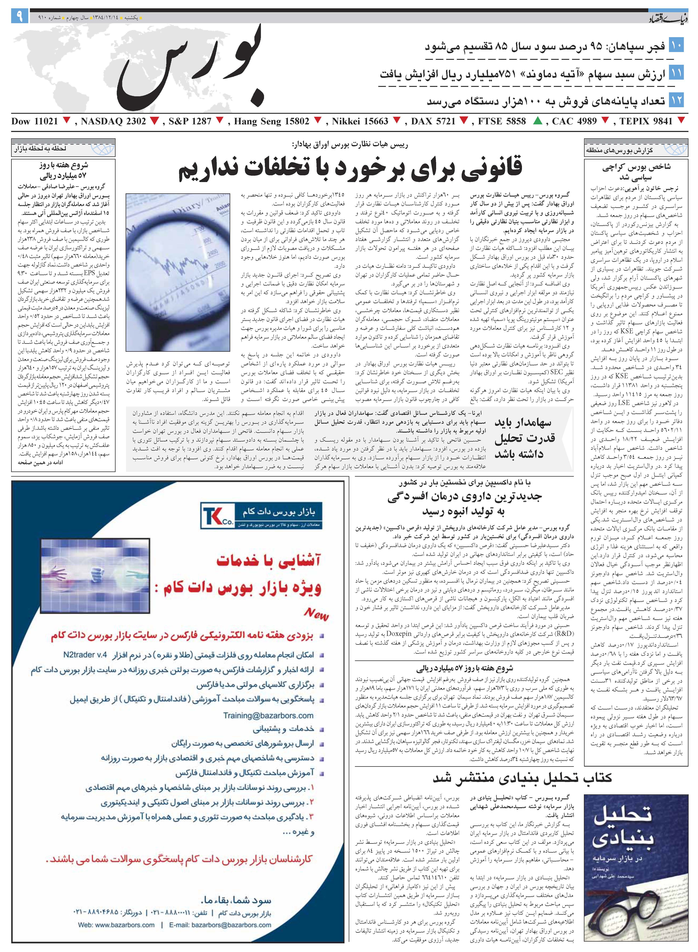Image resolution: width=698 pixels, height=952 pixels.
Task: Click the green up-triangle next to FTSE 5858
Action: point(538,121)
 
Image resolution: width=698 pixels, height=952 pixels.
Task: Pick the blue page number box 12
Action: point(676,100)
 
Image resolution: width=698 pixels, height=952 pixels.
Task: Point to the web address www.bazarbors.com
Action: point(116,925)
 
